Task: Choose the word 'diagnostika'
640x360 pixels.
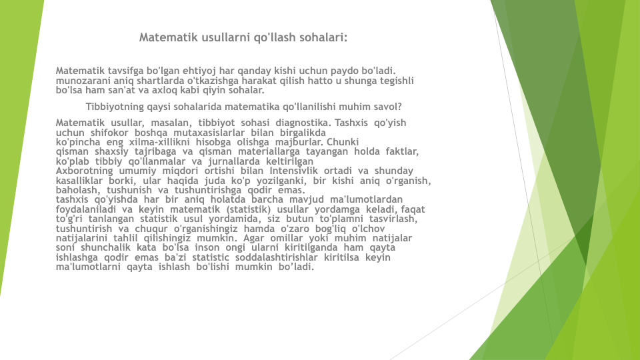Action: click(301, 123)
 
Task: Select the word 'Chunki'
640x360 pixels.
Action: click(343, 142)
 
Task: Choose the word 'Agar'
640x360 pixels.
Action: click(254, 239)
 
